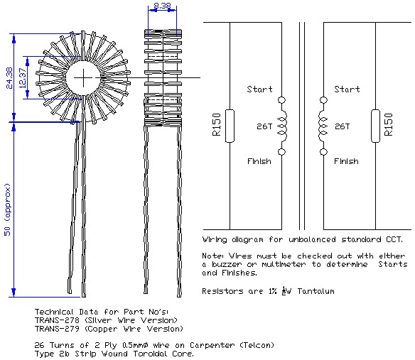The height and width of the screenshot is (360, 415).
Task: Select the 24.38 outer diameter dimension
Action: pos(9,77)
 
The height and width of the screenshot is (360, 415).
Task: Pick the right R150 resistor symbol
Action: pos(377,126)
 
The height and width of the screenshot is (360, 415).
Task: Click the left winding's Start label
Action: pos(259,89)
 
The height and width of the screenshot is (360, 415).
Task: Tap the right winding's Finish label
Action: pos(347,161)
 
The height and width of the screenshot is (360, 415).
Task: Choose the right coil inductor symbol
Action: pos(325,126)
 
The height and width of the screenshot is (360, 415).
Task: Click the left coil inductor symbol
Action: pos(283,126)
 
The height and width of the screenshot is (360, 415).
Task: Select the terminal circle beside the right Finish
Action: pos(324,152)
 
